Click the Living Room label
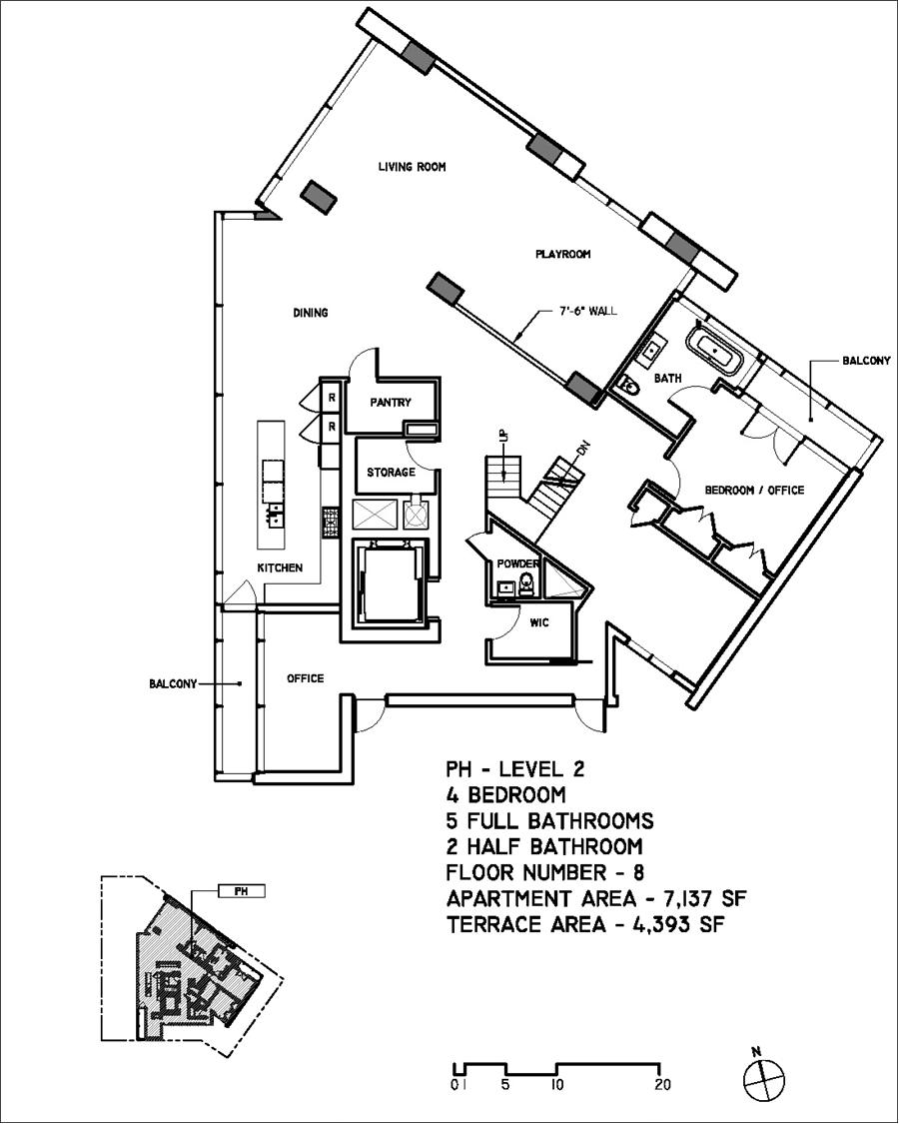coord(411,167)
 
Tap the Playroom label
coord(562,255)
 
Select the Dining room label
coord(311,313)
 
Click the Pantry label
coord(391,403)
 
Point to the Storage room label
coord(390,472)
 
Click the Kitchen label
coord(280,567)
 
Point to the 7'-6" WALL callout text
coord(587,312)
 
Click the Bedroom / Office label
coord(754,490)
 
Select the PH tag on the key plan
coord(241,890)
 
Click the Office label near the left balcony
coord(305,678)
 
